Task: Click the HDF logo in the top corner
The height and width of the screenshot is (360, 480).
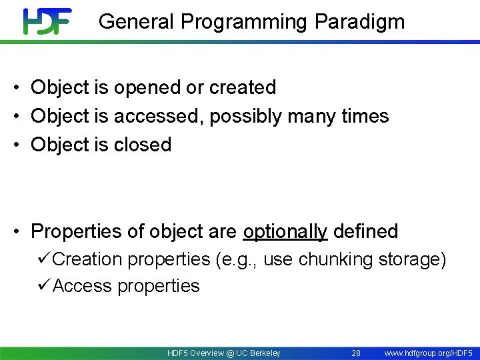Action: pyautogui.click(x=47, y=21)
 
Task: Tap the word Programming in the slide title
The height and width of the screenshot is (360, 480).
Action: pyautogui.click(x=245, y=22)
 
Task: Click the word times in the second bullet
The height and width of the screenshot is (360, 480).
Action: pyautogui.click(x=365, y=116)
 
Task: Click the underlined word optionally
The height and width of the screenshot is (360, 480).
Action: pyautogui.click(x=285, y=232)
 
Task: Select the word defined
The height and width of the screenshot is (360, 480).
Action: pyautogui.click(x=365, y=231)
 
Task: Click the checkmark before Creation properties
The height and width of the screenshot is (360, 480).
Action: pyautogui.click(x=45, y=259)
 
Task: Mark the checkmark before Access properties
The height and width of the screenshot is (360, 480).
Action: pyautogui.click(x=45, y=285)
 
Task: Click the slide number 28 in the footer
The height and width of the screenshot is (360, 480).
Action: pyautogui.click(x=356, y=353)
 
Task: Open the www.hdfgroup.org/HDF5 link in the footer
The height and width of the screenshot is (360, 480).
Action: pyautogui.click(x=428, y=353)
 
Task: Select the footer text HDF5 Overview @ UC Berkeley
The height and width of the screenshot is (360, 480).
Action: pyautogui.click(x=224, y=353)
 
